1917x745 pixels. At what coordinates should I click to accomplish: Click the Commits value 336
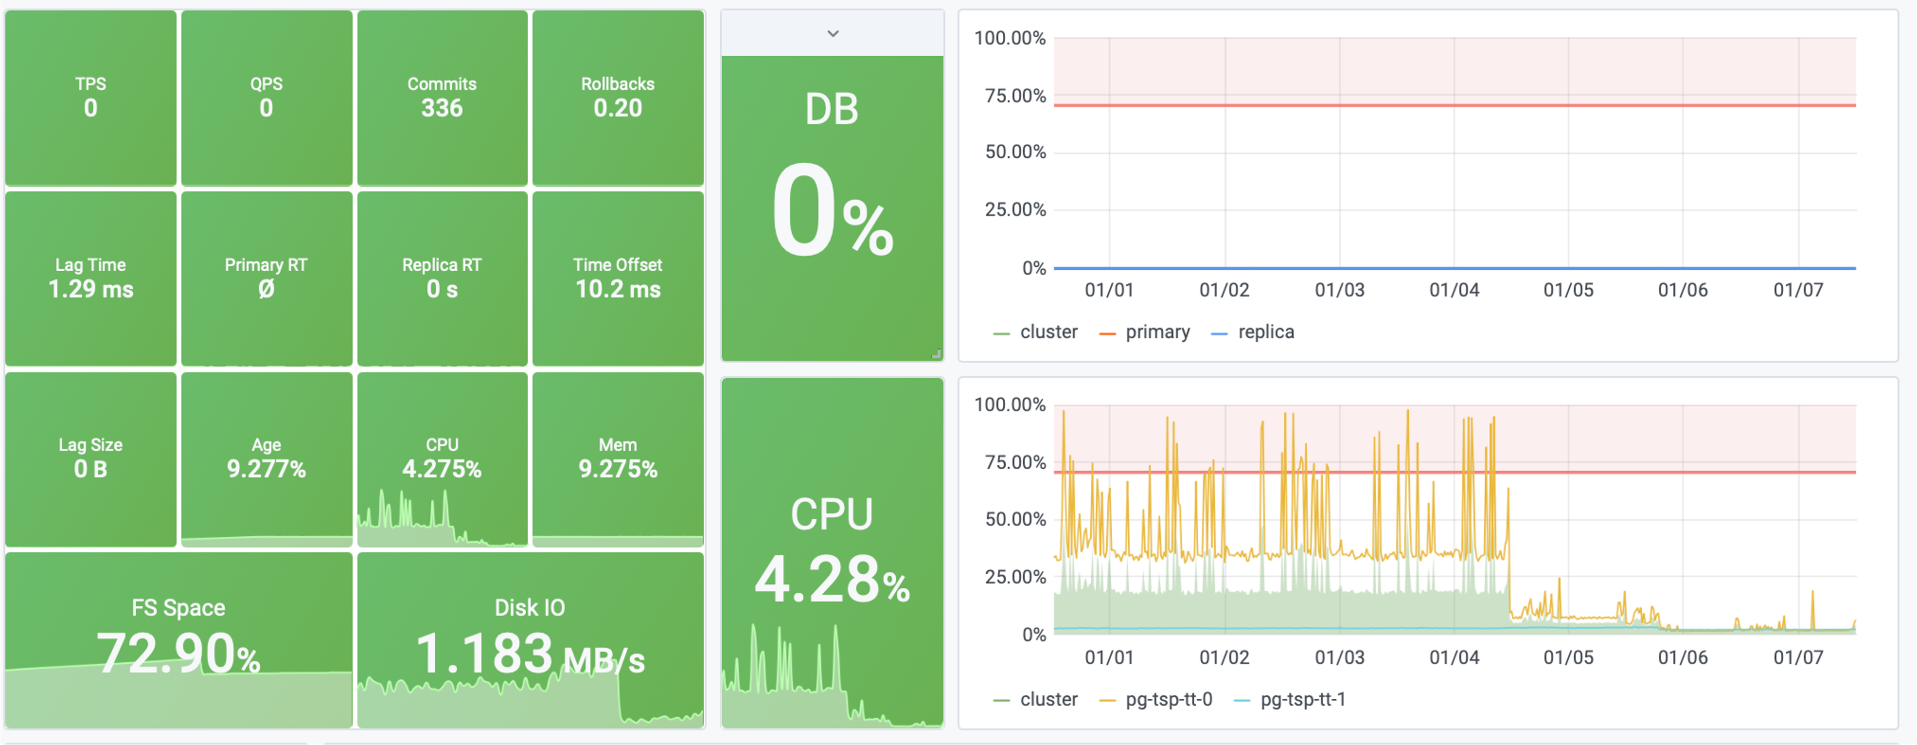[442, 108]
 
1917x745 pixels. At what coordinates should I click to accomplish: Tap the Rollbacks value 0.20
[618, 108]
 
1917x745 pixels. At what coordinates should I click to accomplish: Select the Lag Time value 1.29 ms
[91, 290]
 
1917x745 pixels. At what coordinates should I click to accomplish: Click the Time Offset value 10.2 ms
[618, 290]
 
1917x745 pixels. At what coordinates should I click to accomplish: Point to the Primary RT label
[266, 265]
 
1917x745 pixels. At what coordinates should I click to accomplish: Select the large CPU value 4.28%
[832, 580]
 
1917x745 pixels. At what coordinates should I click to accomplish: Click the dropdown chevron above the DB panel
[833, 33]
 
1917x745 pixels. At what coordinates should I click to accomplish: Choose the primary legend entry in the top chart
[1157, 332]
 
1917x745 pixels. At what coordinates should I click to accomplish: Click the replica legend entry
[1265, 332]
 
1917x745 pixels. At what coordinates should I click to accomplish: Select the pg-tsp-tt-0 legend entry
[1168, 700]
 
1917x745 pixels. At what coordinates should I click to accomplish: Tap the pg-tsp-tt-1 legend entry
[1302, 700]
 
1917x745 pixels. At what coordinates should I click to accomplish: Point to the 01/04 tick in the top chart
[1454, 290]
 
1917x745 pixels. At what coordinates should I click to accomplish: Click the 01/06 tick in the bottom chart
[1683, 658]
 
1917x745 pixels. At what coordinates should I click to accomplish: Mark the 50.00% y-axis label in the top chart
[1015, 153]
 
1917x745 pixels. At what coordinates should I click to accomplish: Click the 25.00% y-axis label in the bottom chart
[1015, 578]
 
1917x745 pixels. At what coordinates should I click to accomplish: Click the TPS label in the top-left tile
[91, 84]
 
